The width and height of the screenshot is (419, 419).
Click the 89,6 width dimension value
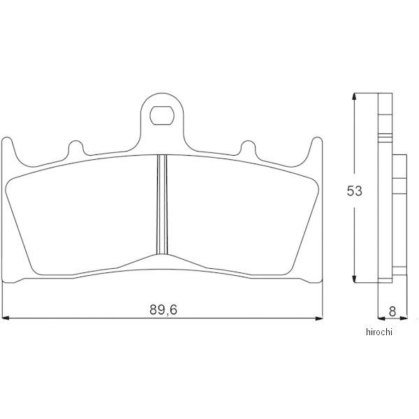[x=163, y=309]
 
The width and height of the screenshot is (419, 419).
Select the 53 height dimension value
[x=354, y=191]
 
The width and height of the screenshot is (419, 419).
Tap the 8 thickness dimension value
[x=392, y=311]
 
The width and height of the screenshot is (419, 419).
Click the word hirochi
[x=379, y=332]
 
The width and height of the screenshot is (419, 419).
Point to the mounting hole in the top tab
[x=162, y=115]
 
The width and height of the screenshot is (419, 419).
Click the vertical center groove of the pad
[x=162, y=205]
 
